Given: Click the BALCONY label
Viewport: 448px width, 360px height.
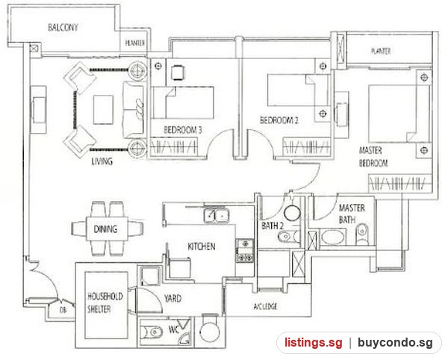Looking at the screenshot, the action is click(63, 28).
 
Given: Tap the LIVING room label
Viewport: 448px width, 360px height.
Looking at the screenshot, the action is click(102, 161).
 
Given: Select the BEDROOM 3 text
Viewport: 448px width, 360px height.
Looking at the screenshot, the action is click(183, 130).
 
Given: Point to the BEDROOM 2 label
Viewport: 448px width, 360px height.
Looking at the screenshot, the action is click(279, 120).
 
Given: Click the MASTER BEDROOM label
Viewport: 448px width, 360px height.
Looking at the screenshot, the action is click(373, 157).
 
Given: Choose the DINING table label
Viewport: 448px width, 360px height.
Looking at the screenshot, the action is click(105, 229).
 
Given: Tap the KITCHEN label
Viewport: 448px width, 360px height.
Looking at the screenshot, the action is click(202, 246).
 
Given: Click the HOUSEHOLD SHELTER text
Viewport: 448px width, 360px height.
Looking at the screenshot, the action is click(105, 302).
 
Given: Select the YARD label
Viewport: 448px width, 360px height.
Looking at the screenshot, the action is click(172, 299).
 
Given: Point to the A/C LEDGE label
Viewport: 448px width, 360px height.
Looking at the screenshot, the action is click(265, 306).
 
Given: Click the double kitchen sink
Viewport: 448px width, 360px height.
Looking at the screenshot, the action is click(217, 215).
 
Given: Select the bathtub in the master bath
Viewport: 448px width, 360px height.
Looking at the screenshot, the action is click(332, 238).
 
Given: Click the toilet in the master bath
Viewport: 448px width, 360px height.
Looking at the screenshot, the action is click(362, 234).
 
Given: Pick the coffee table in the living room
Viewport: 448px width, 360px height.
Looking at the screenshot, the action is click(104, 110).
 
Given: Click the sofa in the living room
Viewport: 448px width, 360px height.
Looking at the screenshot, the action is click(133, 109).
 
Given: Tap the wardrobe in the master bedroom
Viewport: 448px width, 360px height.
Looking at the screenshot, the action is click(399, 183).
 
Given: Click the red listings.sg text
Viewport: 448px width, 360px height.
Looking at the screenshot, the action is click(313, 342).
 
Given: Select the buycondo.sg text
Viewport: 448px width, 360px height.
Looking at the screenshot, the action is click(396, 342).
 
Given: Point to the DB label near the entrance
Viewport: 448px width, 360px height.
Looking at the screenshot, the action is click(63, 310).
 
